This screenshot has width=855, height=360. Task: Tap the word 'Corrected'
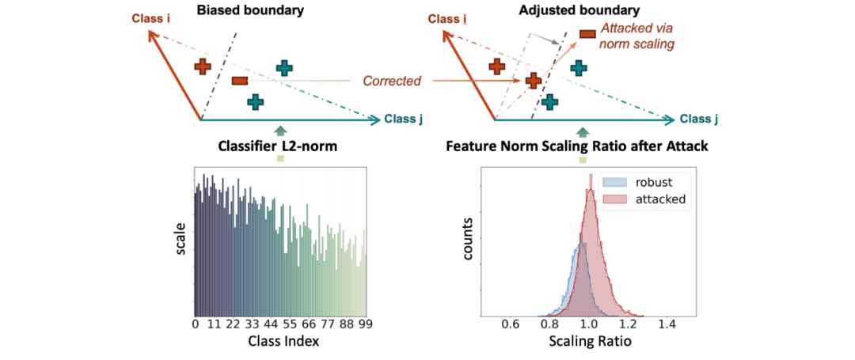[392, 81]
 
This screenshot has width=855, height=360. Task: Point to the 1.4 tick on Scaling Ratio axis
[666, 324]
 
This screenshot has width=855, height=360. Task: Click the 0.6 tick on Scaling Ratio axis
[510, 324]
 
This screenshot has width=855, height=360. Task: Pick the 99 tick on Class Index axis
[366, 324]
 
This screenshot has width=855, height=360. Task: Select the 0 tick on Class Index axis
[196, 324]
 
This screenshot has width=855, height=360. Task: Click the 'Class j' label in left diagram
[404, 119]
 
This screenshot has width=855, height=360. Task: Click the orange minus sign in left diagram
[240, 81]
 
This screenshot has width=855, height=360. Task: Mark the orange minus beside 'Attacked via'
[588, 34]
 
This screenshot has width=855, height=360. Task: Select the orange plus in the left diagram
[203, 66]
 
